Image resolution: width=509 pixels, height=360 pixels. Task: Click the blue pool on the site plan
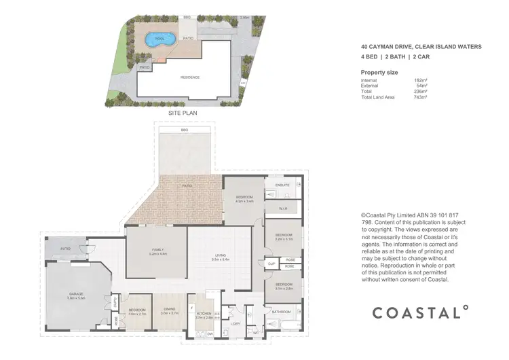[x=157, y=39]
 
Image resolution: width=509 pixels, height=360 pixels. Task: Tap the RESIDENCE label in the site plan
[x=190, y=77]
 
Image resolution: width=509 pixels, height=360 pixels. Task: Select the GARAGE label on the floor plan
[x=75, y=294]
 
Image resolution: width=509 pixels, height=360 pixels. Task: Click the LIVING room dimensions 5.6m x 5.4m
[x=221, y=259]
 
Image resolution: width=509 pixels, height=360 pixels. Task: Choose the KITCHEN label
[x=204, y=314]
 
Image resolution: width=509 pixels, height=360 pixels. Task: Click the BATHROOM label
[x=281, y=312]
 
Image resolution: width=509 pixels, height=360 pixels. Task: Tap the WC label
[x=257, y=333]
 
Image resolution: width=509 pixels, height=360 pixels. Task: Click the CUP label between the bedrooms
[x=270, y=263]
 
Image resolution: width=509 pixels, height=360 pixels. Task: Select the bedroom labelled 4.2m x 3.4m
[x=244, y=198]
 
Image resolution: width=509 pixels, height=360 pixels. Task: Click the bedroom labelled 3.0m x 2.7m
[x=138, y=311]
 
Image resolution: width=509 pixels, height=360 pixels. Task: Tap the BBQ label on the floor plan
[x=185, y=130]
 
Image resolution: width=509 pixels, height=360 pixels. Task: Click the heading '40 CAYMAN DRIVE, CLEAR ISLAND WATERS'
[x=421, y=47]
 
